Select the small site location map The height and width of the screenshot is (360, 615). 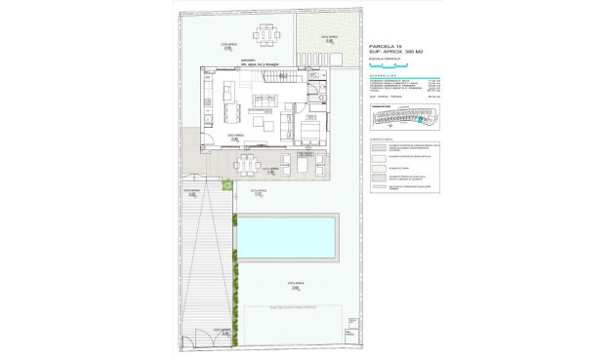(405, 119)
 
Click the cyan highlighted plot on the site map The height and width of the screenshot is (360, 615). (422, 121)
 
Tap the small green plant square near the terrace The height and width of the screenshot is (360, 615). (227, 184)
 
